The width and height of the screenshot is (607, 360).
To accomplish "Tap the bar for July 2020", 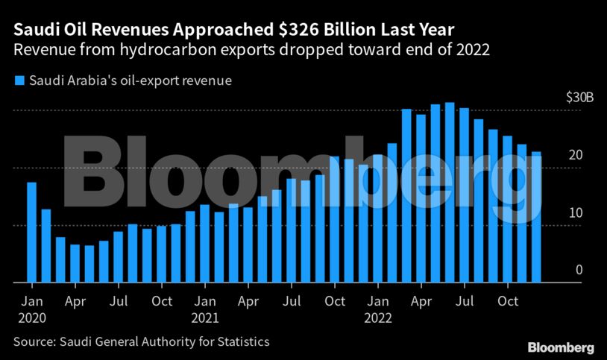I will tap(118, 258).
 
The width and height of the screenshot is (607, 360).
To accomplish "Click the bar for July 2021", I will tap(291, 231).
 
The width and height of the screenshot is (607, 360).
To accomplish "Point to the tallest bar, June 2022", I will tap(450, 193).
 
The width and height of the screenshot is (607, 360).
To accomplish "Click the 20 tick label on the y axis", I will tap(575, 155).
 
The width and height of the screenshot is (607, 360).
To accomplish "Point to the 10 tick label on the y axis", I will tap(575, 212).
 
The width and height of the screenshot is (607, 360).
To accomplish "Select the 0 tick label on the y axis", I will tap(578, 270).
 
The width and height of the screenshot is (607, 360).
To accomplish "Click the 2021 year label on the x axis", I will tap(204, 318).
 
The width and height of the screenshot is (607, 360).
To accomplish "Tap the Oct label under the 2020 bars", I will tap(161, 302).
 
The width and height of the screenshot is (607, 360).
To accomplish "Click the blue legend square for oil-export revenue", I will tap(19, 80).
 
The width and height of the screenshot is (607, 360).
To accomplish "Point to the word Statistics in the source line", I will tap(242, 342).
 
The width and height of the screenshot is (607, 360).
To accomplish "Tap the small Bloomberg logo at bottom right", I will tap(561, 347).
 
